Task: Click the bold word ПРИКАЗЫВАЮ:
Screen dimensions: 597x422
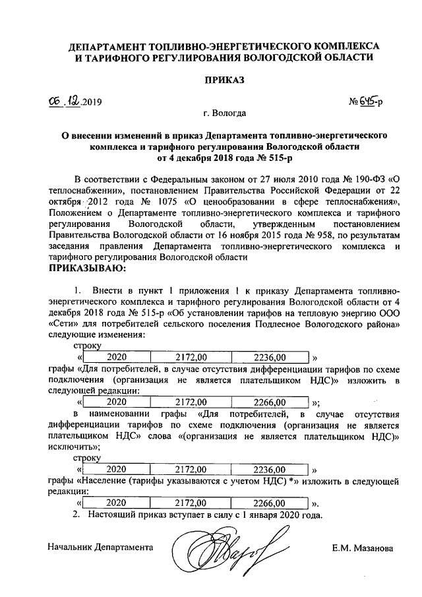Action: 87,268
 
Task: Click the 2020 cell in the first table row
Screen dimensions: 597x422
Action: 116,357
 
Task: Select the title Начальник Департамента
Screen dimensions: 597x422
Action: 101,547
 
